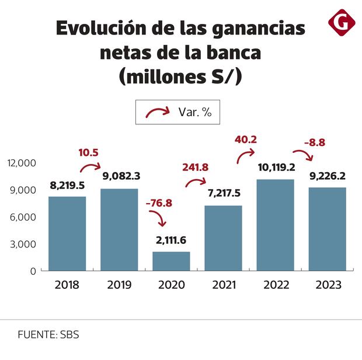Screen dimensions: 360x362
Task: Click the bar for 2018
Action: coord(67,233)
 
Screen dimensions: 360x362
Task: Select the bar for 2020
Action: coord(171,261)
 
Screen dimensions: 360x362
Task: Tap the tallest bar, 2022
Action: coord(276,225)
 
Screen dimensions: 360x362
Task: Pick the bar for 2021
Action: coord(224,238)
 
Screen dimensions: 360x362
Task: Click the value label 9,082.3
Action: coord(121,176)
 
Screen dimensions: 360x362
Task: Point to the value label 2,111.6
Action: coord(171,240)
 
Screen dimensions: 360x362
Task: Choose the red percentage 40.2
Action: coord(246,139)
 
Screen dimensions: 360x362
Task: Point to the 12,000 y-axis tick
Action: coord(22,163)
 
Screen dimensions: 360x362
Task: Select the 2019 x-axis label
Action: coord(119,285)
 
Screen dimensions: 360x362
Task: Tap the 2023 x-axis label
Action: coord(328,285)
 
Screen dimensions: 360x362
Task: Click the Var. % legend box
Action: coord(177,111)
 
